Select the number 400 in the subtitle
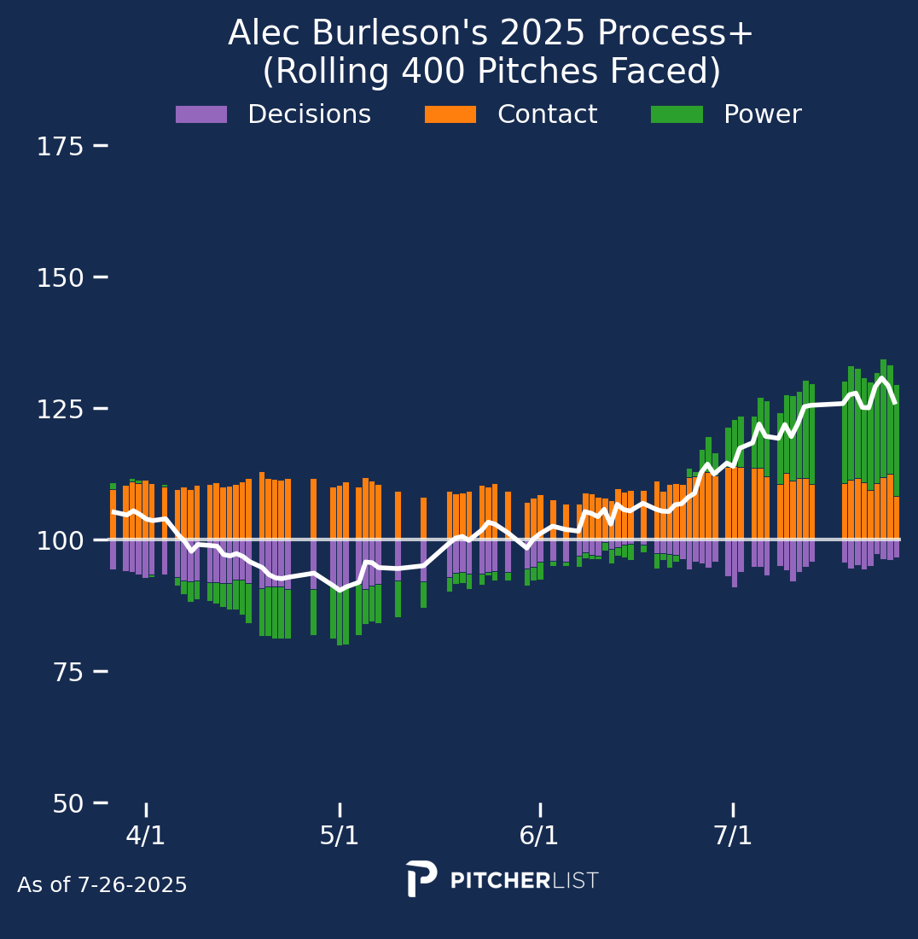tap(398, 73)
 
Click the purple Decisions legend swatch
tap(201, 114)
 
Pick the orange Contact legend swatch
tap(450, 114)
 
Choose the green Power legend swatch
tap(677, 114)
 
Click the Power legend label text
tap(762, 114)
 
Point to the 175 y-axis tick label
tap(60, 147)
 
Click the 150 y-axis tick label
tap(60, 278)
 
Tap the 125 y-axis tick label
tap(60, 409)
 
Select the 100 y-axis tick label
tap(60, 540)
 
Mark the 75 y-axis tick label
tap(67, 672)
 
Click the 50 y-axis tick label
tap(67, 803)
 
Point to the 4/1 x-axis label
tap(146, 836)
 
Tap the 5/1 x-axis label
tap(340, 836)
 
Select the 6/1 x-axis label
tap(539, 836)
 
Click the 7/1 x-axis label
tap(733, 836)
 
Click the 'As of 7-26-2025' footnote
tap(102, 885)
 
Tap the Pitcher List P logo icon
tap(421, 878)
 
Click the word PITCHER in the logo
tap(500, 881)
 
